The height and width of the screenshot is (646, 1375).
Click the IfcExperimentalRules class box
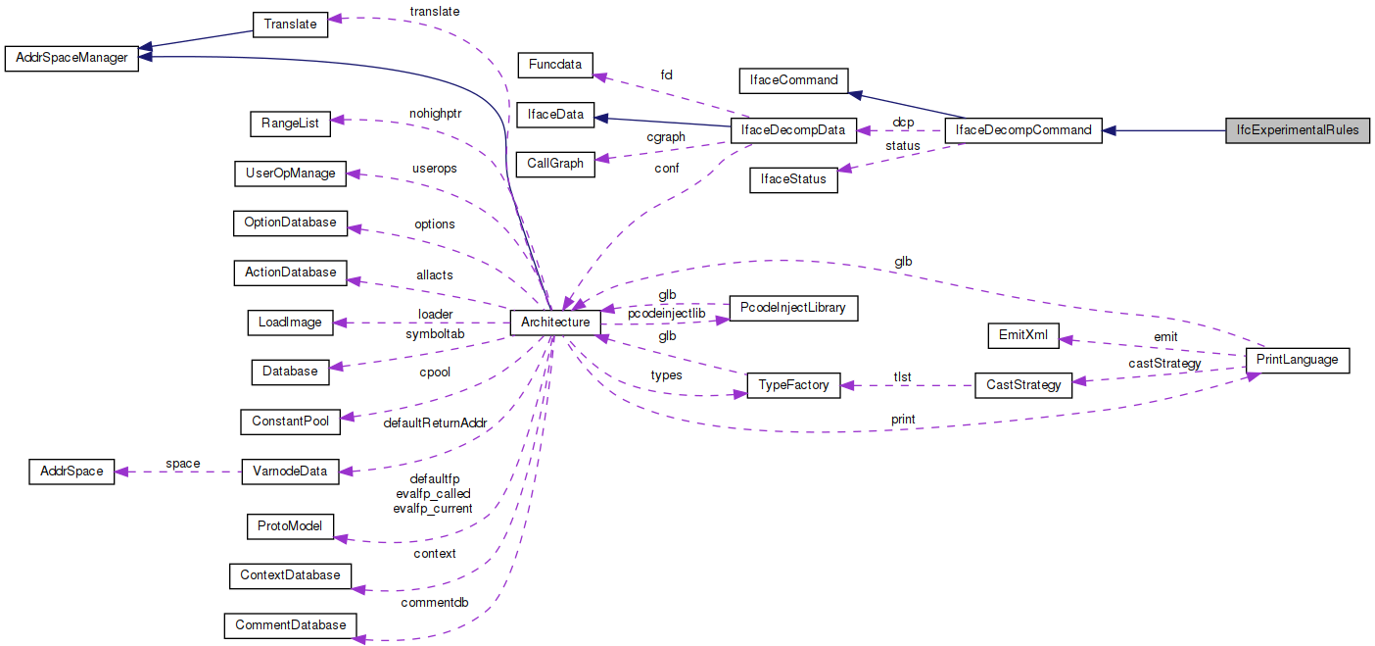1298,129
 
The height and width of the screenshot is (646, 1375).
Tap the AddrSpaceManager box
71,58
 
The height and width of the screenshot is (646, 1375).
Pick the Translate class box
290,25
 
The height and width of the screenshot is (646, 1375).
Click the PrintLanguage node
1297,360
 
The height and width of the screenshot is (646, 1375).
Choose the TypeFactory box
794,385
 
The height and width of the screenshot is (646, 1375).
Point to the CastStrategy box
1024,385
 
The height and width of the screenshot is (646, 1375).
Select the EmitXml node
1022,335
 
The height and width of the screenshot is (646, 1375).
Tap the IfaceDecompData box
793,129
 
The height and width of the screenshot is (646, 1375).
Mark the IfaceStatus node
793,180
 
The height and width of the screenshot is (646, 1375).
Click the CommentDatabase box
290,624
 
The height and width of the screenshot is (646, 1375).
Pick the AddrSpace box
71,472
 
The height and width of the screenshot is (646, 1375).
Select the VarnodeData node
290,472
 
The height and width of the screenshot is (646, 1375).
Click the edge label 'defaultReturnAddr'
434,423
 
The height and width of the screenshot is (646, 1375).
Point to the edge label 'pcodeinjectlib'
666,313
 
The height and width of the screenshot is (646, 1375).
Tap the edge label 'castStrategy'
1164,364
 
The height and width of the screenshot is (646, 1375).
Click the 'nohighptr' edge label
435,113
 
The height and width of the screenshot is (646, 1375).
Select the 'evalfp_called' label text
432,493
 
